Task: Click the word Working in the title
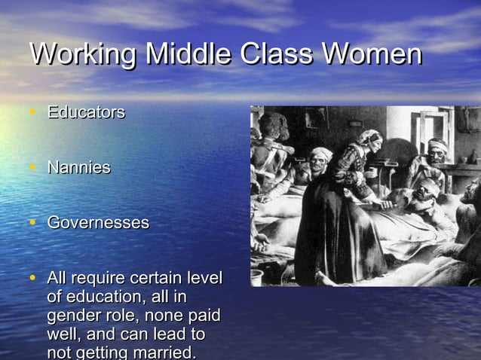pyautogui.click(x=84, y=55)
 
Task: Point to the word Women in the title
pyautogui.click(x=372, y=55)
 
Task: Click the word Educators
pyautogui.click(x=86, y=113)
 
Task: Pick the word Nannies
pyautogui.click(x=78, y=168)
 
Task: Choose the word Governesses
pyautogui.click(x=98, y=224)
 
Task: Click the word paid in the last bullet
pyautogui.click(x=202, y=316)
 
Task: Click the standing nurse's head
pyautogui.click(x=369, y=141)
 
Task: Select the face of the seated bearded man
pyautogui.click(x=437, y=150)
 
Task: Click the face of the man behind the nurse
pyautogui.click(x=320, y=160)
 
